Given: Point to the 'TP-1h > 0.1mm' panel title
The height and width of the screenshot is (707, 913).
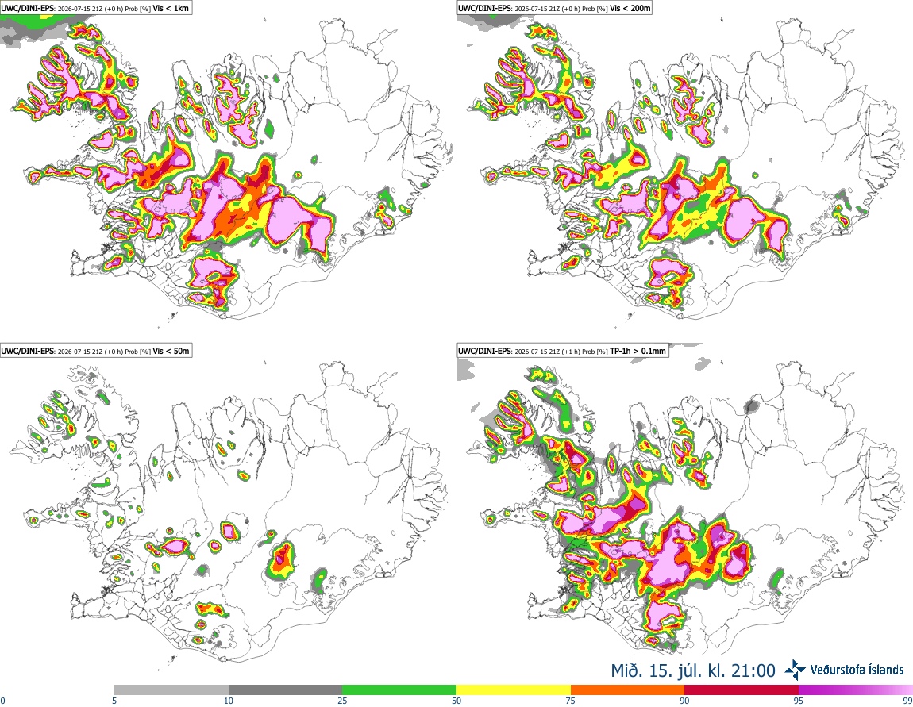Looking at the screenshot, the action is (638, 351).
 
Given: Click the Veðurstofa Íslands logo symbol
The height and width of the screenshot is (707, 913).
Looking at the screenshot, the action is (795, 670).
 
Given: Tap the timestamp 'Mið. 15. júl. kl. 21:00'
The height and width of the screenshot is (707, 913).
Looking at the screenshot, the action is (693, 671).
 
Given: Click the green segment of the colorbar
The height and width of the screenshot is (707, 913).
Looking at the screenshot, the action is (399, 690).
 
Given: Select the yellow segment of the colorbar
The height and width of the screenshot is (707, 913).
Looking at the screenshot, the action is (514, 690).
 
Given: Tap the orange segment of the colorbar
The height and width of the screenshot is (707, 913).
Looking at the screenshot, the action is (628, 690).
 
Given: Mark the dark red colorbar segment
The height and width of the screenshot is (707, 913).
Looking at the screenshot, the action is (742, 690).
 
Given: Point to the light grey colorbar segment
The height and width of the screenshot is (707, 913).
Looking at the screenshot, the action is (171, 690).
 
